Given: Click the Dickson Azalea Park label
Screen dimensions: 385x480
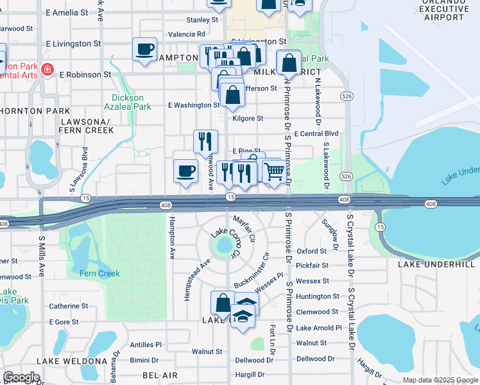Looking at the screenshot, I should [128, 102].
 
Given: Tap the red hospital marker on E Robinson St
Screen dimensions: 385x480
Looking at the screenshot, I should [47, 69].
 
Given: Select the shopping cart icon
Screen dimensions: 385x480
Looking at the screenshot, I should [274, 171].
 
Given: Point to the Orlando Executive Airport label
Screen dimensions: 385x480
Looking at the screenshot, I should [443, 11].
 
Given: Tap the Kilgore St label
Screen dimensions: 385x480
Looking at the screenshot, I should [248, 118].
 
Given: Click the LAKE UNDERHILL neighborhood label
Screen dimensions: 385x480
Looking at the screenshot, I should [436, 264].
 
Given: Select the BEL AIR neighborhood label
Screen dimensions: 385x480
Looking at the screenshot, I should [160, 374].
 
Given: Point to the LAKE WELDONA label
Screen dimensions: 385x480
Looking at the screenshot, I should [71, 361].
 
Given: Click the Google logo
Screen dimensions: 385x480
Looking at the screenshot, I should [21, 377].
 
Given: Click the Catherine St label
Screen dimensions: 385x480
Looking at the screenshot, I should [68, 306].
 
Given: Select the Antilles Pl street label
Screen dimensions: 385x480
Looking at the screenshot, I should [145, 345].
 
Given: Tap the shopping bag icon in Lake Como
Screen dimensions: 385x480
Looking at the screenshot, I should [223, 303].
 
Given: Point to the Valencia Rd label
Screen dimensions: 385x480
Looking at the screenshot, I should [187, 34].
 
